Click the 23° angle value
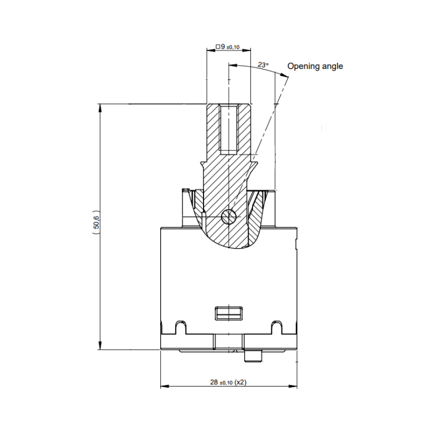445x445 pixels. (263, 65)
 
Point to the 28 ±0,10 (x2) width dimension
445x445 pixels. (229, 382)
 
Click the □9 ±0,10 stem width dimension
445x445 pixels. (228, 47)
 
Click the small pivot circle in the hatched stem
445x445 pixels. (228, 217)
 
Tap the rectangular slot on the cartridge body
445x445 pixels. (229, 313)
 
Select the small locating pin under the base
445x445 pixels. (256, 355)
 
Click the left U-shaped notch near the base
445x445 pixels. (180, 327)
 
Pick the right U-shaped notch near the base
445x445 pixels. (276, 327)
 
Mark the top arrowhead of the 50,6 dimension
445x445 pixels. (100, 107)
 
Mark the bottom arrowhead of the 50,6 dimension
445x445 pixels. (100, 347)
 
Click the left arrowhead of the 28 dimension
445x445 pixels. (164, 387)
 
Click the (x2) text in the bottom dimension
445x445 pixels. (240, 382)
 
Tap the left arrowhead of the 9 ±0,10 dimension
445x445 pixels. (209, 51)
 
